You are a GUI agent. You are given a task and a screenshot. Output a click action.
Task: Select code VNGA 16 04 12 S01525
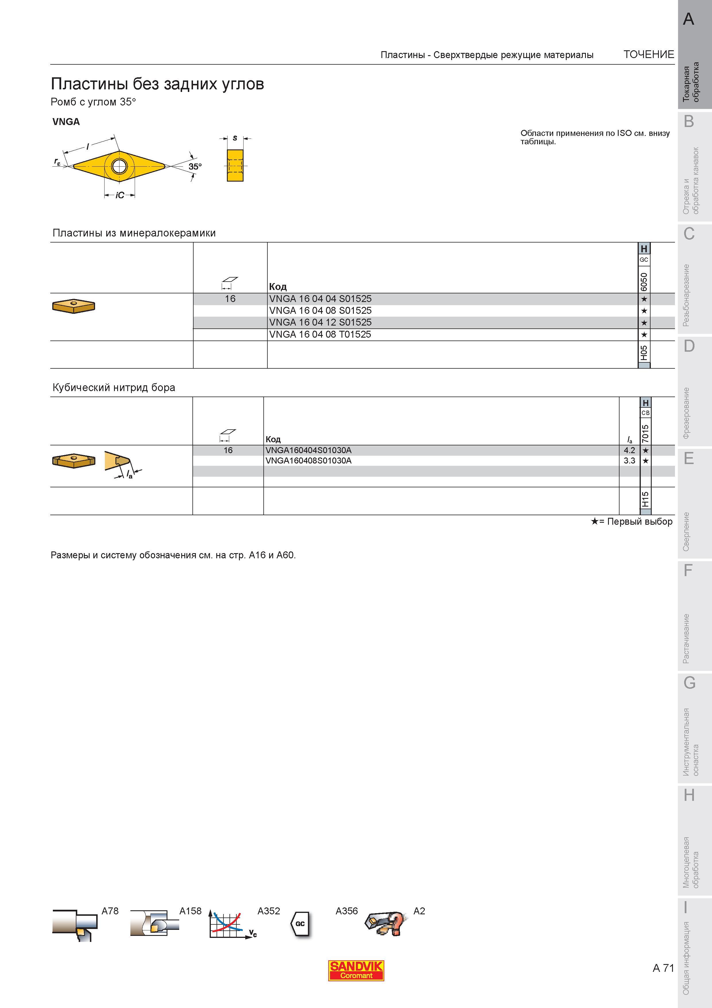pos(320,322)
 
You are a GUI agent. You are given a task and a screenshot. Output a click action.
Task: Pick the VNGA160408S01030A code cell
pos(308,461)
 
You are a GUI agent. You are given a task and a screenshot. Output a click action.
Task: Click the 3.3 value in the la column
pos(629,461)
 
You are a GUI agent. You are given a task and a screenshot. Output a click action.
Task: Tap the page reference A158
pos(190,911)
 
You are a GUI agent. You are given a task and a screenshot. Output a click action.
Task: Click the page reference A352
pos(269,911)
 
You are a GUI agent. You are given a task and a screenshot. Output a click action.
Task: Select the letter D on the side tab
pos(689,346)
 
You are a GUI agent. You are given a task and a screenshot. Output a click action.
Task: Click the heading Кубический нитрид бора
pos(114,388)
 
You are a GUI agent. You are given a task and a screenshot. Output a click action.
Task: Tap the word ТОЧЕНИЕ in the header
pos(649,54)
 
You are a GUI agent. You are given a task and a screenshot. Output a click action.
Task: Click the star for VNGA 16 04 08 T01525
pos(644,334)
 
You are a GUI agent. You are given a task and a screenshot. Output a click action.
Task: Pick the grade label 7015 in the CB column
pos(645,433)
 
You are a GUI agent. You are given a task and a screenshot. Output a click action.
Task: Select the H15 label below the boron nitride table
pos(645,499)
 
